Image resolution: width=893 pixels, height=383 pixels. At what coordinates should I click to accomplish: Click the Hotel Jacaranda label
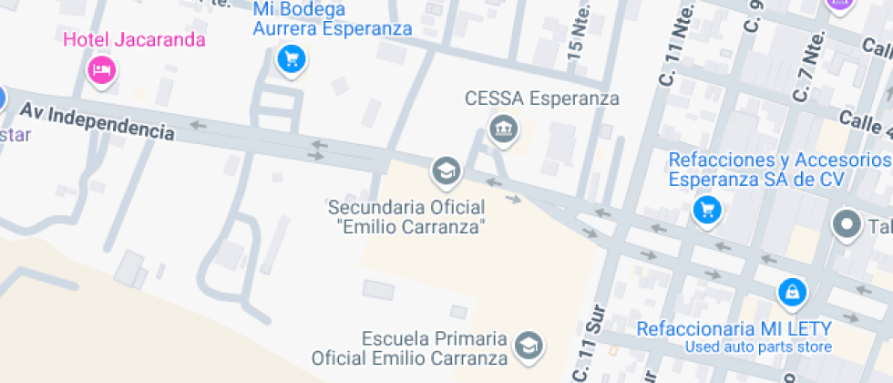(134, 40)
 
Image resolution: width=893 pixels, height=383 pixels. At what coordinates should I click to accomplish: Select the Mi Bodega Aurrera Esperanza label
(332, 19)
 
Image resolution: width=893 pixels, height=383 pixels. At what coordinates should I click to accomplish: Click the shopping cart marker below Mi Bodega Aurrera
(291, 60)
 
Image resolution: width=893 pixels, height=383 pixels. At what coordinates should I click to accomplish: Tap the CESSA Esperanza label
(541, 98)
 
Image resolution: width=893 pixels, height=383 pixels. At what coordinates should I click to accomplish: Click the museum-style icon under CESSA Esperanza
(501, 129)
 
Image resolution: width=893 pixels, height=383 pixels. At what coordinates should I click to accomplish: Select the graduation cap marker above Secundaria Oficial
(446, 170)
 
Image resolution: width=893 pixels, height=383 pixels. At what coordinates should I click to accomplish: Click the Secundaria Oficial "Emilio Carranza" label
(406, 216)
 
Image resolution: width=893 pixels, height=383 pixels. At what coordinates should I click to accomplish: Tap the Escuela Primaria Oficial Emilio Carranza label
(409, 347)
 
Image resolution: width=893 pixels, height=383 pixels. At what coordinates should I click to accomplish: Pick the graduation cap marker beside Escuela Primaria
(528, 345)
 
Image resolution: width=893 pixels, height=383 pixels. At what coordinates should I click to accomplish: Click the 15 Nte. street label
(578, 33)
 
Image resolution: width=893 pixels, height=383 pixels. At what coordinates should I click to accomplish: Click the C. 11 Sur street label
(584, 346)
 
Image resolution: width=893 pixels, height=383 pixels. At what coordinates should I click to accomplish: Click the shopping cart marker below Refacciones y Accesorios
(706, 211)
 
